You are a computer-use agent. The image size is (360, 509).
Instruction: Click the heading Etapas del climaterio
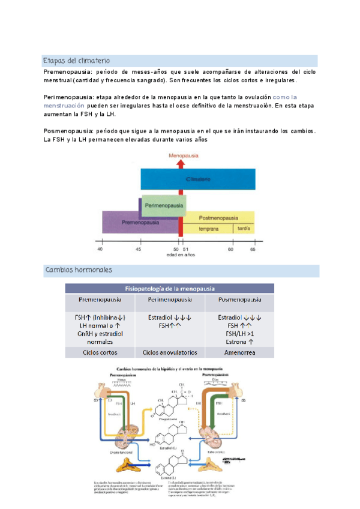(76, 61)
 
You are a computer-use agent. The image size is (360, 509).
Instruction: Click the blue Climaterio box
(198, 179)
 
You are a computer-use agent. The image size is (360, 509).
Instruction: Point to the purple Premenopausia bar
(140, 222)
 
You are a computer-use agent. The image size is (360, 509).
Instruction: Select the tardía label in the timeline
(244, 228)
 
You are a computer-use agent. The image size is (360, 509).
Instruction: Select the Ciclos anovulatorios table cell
(170, 352)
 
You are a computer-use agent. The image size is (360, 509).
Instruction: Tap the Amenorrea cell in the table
(239, 352)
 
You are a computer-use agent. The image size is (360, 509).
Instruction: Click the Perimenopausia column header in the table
(170, 299)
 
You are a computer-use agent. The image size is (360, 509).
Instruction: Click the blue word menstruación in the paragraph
(68, 105)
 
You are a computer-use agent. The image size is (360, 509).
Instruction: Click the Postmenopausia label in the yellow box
(218, 217)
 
